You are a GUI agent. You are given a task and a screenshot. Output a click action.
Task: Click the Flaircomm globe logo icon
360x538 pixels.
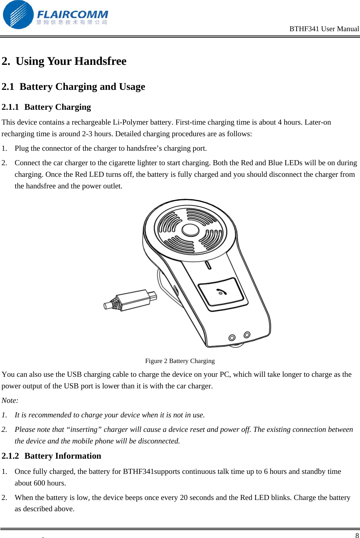click(x=18, y=15)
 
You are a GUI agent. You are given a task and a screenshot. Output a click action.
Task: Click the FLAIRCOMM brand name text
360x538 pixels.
click(x=72, y=14)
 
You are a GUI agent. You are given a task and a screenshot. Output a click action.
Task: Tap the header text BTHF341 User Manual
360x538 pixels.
click(x=324, y=29)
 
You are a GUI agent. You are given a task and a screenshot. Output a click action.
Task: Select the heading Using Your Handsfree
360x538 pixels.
click(x=71, y=61)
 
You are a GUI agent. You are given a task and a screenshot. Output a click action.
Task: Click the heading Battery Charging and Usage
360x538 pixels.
click(x=82, y=87)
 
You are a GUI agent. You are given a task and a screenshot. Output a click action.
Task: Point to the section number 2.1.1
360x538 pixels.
click(x=10, y=107)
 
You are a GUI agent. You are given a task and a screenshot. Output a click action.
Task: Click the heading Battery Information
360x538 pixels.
click(x=63, y=456)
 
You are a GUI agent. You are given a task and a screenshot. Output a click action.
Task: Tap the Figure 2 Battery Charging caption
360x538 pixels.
click(x=180, y=361)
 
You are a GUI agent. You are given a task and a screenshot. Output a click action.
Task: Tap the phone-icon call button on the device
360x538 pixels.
click(x=221, y=292)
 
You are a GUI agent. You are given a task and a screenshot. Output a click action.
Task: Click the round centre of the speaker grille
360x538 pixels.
click(x=191, y=230)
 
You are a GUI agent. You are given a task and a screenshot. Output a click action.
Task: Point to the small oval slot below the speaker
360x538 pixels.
click(x=208, y=265)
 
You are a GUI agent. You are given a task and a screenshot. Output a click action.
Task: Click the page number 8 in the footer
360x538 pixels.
click(x=357, y=535)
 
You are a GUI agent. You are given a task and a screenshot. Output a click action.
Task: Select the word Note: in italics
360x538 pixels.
click(x=10, y=401)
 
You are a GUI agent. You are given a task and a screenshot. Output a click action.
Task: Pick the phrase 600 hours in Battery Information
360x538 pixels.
click(x=50, y=483)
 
